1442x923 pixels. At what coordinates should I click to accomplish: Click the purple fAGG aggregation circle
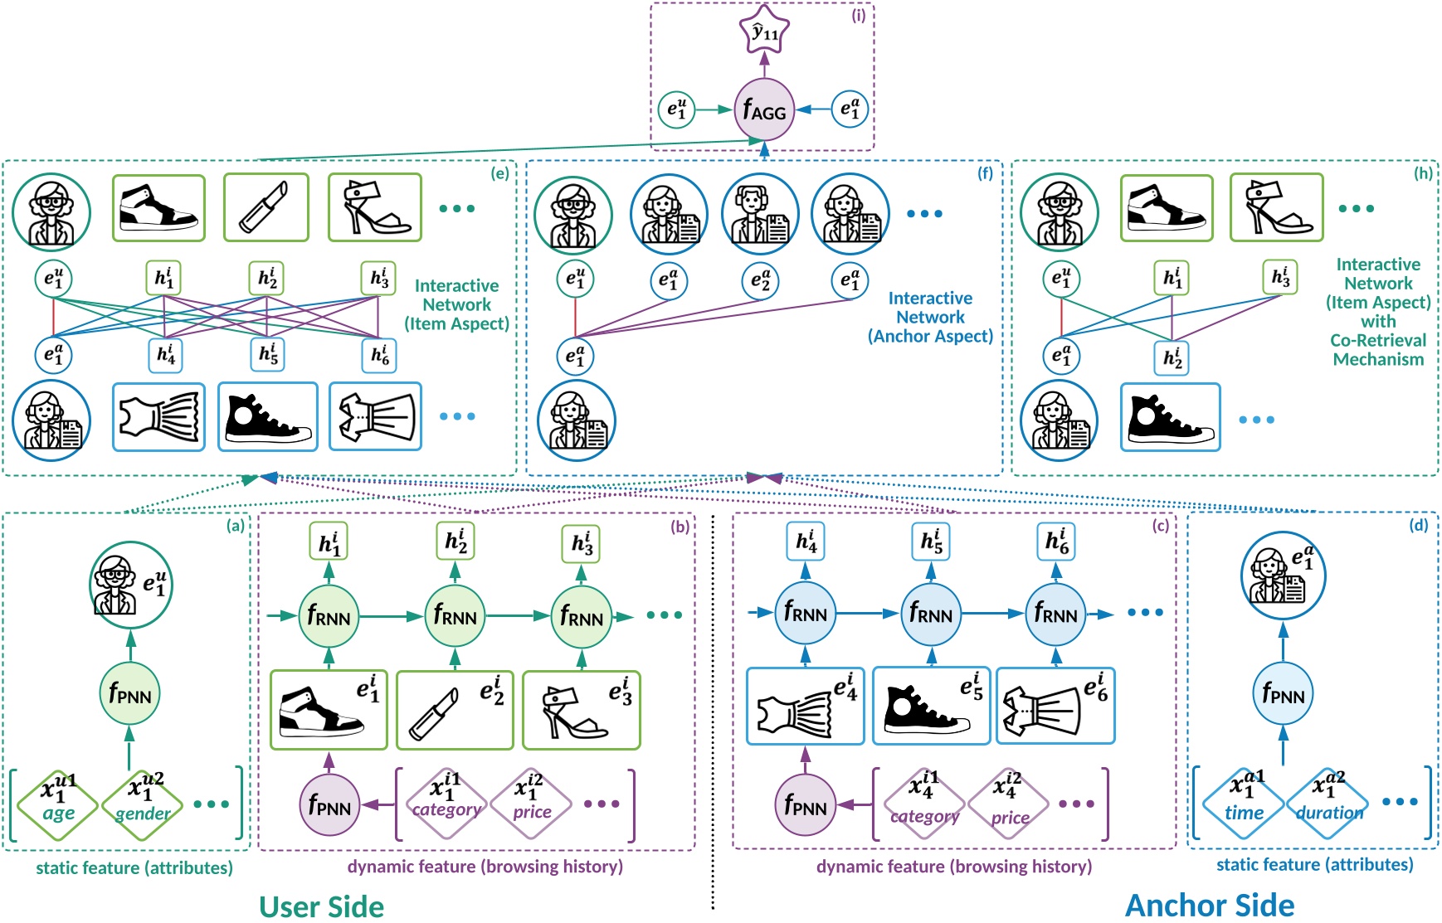click(x=764, y=109)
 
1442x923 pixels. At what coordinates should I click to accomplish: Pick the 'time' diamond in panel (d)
click(x=1244, y=802)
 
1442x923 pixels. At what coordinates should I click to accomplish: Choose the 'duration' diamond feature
click(x=1329, y=802)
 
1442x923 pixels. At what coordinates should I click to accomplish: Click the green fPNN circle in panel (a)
click(x=130, y=694)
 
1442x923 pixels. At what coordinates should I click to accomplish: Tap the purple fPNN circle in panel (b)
click(x=329, y=804)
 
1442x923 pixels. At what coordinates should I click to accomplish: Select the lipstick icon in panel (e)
click(x=266, y=208)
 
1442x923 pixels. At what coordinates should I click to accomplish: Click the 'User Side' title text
click(x=321, y=906)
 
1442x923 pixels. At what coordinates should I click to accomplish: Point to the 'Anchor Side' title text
click(x=1209, y=905)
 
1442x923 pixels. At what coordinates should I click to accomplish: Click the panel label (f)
click(x=985, y=173)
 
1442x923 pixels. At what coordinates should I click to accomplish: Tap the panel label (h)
click(x=1423, y=173)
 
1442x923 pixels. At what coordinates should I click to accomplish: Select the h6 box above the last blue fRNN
click(x=1055, y=542)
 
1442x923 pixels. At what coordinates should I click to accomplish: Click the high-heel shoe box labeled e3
click(x=581, y=711)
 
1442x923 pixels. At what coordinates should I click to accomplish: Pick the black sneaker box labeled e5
click(x=931, y=706)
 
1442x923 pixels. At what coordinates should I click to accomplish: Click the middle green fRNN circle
click(x=455, y=616)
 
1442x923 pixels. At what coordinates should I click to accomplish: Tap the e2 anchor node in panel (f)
click(x=760, y=281)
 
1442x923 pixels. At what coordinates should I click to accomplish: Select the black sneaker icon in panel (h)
click(x=1170, y=417)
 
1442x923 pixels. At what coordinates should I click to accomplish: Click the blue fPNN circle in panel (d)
click(x=1283, y=694)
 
